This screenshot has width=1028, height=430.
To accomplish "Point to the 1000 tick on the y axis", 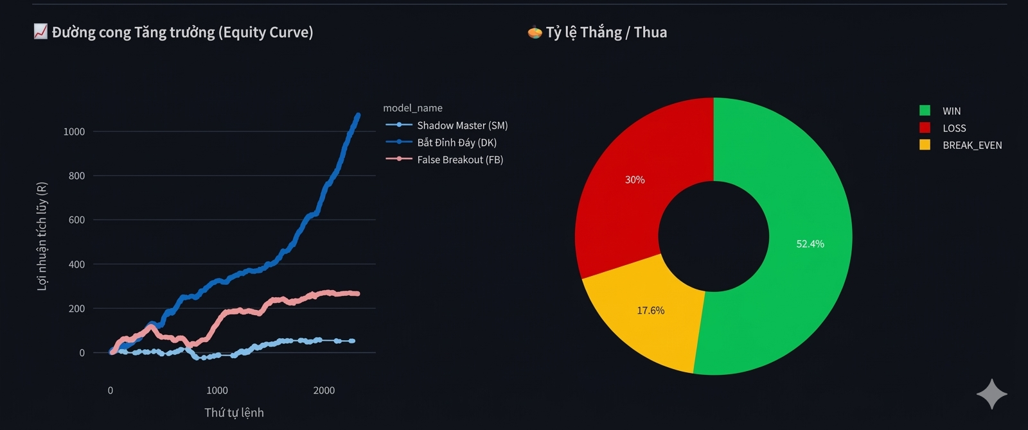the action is click(74, 132).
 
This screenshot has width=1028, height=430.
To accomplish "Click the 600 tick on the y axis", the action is click(76, 220).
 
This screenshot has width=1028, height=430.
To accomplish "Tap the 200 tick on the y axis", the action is click(76, 309).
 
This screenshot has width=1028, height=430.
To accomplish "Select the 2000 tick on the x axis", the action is click(324, 390).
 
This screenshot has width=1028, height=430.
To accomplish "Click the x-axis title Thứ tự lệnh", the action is click(234, 413).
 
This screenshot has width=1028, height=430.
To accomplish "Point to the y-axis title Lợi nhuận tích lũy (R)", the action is click(42, 236).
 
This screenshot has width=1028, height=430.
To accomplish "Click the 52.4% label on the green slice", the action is click(810, 244).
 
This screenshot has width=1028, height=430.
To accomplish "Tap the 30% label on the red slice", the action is click(635, 180).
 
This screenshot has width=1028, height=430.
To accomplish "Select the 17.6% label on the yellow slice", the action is click(651, 311).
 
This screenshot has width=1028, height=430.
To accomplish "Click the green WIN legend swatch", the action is click(925, 110).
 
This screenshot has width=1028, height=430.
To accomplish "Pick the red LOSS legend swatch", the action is click(925, 128).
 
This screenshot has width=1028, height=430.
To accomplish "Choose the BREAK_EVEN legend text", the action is click(972, 145).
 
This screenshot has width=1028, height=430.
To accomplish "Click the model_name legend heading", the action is click(412, 108).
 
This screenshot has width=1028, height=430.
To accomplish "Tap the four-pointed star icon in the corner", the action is click(991, 394).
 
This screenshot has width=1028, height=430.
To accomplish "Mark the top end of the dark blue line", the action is click(358, 115).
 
